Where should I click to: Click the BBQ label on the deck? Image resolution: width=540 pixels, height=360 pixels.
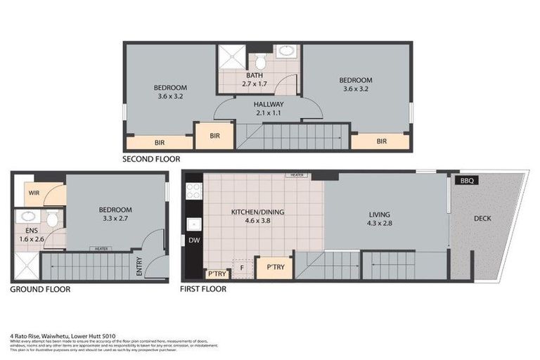[x=466, y=181]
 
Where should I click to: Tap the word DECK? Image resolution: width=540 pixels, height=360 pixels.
[x=482, y=219]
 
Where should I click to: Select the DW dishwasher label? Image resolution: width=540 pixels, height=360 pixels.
[x=194, y=240]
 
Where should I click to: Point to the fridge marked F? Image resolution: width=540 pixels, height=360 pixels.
[x=242, y=267]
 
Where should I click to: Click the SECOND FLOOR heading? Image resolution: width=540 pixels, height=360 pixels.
[x=151, y=159]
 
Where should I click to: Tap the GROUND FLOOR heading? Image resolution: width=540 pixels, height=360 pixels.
[x=40, y=289]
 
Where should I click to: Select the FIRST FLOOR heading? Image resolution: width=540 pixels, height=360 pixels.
[x=204, y=289]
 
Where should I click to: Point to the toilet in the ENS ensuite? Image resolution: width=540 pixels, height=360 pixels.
[x=52, y=219]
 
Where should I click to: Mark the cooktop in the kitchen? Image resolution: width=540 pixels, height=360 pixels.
[x=194, y=190]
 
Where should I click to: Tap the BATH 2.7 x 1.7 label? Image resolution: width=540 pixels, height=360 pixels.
[x=255, y=79]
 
